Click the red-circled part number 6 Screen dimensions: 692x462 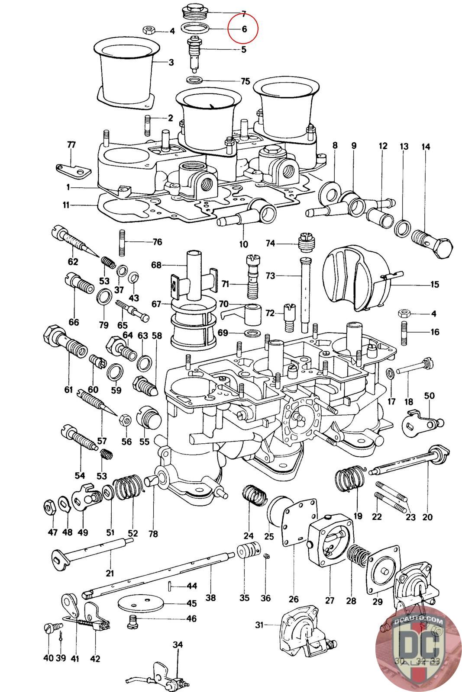click(244, 29)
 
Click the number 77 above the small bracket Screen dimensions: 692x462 click(71, 144)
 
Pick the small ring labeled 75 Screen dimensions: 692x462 click(196, 80)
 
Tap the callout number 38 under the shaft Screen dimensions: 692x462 click(210, 598)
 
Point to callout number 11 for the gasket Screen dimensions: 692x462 click(65, 205)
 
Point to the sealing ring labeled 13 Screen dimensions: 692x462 click(403, 227)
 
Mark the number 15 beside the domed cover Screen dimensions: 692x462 click(434, 284)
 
